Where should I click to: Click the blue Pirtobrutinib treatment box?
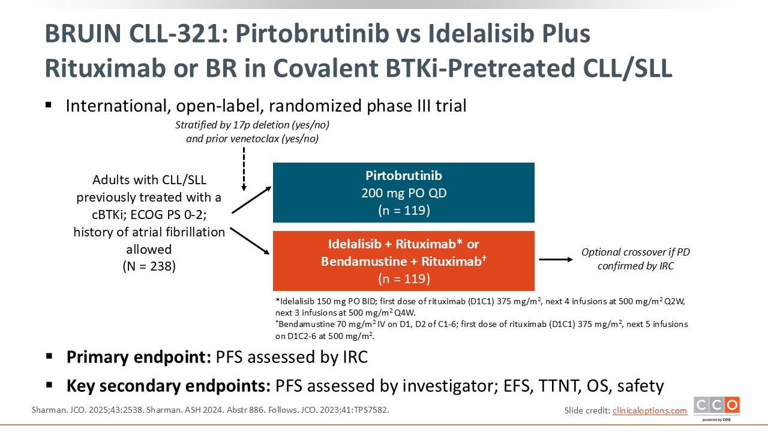[404, 193]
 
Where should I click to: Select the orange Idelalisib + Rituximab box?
[404, 261]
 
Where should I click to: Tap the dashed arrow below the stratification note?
[244, 169]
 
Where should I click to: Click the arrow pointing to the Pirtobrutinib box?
[251, 200]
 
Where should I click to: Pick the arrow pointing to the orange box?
[250, 241]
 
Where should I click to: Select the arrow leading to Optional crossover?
[556, 260]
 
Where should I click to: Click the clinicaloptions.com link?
[650, 410]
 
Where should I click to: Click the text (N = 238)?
[149, 266]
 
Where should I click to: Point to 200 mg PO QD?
[404, 193]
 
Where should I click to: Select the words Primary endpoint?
[139, 357]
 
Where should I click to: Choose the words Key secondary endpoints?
[169, 386]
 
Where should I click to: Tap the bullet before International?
[49, 105]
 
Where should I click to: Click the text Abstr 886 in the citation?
[246, 410]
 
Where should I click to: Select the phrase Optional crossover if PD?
[635, 253]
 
